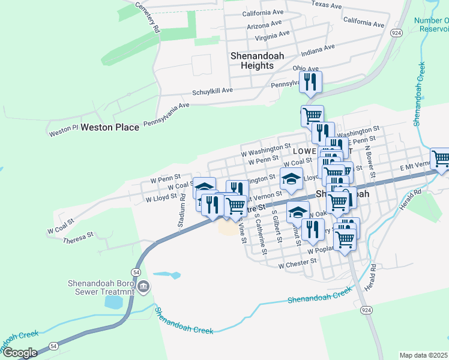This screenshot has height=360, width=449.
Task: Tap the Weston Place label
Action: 110,127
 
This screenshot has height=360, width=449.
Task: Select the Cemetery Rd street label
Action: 148,17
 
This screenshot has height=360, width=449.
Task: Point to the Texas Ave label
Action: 327,5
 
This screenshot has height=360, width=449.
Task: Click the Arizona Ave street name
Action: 264,25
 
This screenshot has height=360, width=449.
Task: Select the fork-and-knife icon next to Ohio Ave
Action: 310,82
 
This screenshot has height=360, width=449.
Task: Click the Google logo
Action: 19,353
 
